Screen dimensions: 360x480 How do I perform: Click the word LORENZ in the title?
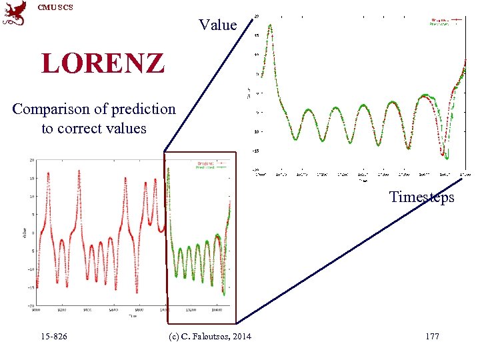pyautogui.click(x=102, y=63)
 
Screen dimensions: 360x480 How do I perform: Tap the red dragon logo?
pyautogui.click(x=15, y=13)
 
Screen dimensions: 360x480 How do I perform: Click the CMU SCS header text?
pyautogui.click(x=55, y=7)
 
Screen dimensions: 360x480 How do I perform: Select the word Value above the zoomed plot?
pyautogui.click(x=218, y=25)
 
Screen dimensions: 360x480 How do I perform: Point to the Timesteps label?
pyautogui.click(x=422, y=197)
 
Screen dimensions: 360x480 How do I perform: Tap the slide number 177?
pyautogui.click(x=432, y=337)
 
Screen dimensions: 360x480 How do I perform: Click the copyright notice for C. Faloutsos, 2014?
pyautogui.click(x=211, y=337)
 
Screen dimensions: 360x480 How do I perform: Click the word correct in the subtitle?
pyautogui.click(x=83, y=128)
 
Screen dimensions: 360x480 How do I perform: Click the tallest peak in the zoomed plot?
pyautogui.click(x=270, y=25)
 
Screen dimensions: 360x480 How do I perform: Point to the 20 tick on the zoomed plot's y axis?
pyautogui.click(x=257, y=17)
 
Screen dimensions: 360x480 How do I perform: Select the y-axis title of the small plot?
pyautogui.click(x=23, y=233)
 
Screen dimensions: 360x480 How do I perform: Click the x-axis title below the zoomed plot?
pyautogui.click(x=363, y=180)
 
